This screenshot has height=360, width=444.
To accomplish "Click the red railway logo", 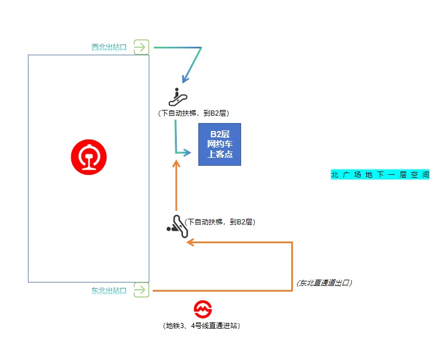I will coord(89,157).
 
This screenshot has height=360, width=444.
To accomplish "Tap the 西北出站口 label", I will coord(109,47).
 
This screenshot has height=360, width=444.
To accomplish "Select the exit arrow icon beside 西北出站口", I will coord(141,47).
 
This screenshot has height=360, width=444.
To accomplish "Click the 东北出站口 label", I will coord(109,291).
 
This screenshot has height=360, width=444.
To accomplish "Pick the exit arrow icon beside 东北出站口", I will coord(141,290).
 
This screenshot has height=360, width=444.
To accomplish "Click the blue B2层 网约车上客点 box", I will coord(219,144).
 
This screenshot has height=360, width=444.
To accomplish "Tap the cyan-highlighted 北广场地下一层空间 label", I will coord(380,175).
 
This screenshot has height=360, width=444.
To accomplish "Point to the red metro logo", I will coord(203,310).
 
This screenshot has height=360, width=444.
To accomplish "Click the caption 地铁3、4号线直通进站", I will coord(202,326).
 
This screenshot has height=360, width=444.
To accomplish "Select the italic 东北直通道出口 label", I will coord(323,283).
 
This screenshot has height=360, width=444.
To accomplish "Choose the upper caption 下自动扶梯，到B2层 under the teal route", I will coord(194,113).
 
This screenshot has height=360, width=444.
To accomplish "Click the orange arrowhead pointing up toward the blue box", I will coord(177,165).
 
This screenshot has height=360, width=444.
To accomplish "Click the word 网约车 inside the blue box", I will coord(219,144).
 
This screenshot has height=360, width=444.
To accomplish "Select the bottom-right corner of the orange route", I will coord(292,291).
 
